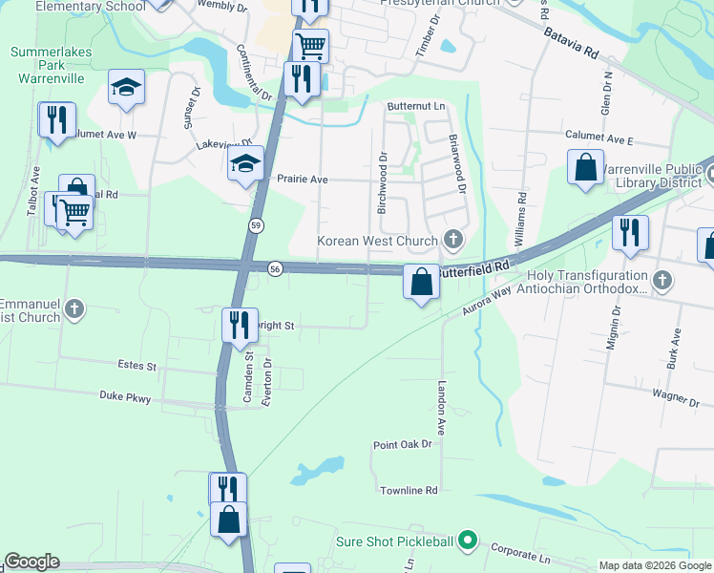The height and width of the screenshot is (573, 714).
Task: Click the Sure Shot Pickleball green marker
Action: click(x=467, y=541)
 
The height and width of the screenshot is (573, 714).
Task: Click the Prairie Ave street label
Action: click(x=302, y=179)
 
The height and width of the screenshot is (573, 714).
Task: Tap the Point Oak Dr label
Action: click(x=403, y=444)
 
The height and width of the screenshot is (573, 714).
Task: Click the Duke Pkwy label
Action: click(x=125, y=397)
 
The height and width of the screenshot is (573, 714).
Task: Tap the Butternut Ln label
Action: click(x=416, y=106)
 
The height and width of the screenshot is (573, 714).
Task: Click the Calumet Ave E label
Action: click(x=598, y=137)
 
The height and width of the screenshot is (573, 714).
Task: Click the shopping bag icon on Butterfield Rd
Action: click(x=421, y=282)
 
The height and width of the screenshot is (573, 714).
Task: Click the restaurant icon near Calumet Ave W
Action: click(x=56, y=120)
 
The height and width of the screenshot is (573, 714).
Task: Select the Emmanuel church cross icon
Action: click(x=74, y=308)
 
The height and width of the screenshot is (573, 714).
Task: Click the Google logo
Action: click(x=31, y=562)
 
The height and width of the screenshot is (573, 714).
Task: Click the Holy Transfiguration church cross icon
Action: click(x=665, y=281)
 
